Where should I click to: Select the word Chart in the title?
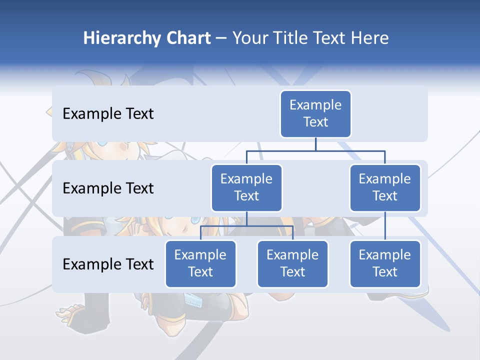point(187,38)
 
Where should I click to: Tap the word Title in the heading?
point(288,38)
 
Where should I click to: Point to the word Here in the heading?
point(369,38)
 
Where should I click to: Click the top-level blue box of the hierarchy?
point(315,114)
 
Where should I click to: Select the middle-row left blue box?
point(246,188)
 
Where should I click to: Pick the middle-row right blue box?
point(385,188)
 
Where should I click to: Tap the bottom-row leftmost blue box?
point(200,264)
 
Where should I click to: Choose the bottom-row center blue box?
point(292,264)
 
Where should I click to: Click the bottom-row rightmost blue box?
point(385,264)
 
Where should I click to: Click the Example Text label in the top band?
point(108,114)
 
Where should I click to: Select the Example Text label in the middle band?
point(108,188)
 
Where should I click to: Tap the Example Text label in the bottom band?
point(108,264)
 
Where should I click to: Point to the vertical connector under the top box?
point(315,144)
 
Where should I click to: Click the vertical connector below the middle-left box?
point(246,218)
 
